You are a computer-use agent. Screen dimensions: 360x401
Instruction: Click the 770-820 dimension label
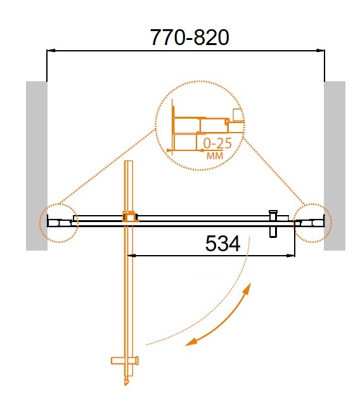coord(190,37)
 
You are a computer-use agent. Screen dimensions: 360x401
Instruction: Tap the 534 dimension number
coord(222,244)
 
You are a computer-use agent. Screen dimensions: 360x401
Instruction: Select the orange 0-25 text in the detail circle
coord(217,143)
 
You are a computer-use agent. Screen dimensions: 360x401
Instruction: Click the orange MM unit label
coord(215,155)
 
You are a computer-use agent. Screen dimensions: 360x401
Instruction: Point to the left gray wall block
coord(37,166)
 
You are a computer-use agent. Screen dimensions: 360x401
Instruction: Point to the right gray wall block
coord(335,166)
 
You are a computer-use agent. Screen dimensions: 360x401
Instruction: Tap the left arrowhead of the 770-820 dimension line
coord(51,51)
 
